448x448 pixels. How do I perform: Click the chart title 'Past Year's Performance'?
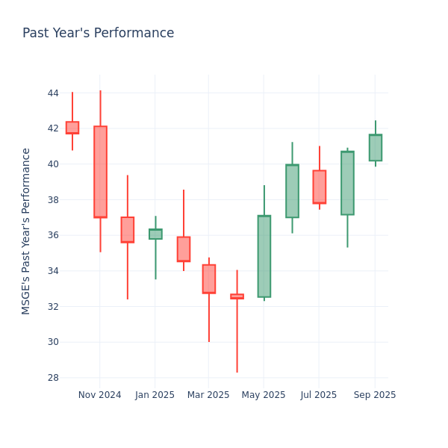point(98,34)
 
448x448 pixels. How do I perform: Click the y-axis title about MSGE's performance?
point(26,231)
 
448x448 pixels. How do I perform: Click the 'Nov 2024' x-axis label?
point(99,395)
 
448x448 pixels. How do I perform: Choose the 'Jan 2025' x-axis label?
point(155,395)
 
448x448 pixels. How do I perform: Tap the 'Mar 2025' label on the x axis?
point(208,395)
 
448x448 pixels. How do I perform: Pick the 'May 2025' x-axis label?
point(264,395)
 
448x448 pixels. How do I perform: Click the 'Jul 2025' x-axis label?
point(319,395)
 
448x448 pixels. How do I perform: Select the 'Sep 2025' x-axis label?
point(375,395)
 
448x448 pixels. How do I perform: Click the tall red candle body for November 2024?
point(100,172)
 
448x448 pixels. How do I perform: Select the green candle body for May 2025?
point(264,256)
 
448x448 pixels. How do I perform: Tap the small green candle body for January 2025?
point(155,234)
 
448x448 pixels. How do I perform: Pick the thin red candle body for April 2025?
point(237,296)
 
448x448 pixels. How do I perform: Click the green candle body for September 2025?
point(375,148)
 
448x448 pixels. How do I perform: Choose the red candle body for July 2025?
point(320,187)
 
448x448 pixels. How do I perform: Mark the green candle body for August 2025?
point(347,183)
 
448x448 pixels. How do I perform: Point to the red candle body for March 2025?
point(209,279)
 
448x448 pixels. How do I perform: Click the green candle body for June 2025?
point(292,191)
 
